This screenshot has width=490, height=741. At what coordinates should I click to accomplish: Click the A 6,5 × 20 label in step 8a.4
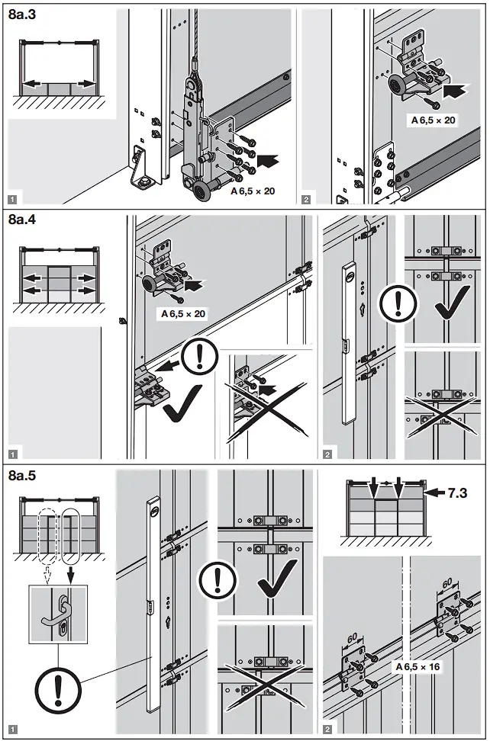(x=182, y=313)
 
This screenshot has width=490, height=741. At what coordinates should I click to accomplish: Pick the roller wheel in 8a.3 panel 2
(x=398, y=88)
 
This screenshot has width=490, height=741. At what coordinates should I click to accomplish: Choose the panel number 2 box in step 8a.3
(x=306, y=200)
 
